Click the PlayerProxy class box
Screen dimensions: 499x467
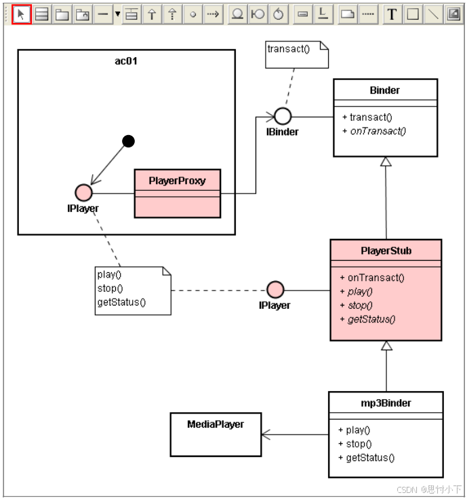(x=177, y=193)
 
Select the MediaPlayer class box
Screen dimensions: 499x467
(x=216, y=435)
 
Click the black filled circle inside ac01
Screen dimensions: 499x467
(x=128, y=141)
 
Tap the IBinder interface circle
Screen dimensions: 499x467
(x=283, y=116)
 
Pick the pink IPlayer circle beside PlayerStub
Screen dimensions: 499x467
(x=275, y=290)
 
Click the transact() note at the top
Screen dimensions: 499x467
(x=297, y=54)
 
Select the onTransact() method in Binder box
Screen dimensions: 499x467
(x=378, y=131)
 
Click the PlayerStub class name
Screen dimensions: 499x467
(x=386, y=251)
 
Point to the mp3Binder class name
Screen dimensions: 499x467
(x=386, y=403)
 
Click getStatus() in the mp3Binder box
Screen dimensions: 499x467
(x=369, y=458)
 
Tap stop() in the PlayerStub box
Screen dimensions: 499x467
(x=360, y=305)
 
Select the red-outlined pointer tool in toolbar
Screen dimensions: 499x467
(x=21, y=14)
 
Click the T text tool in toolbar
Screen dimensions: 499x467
(x=392, y=14)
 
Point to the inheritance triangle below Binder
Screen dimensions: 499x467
(x=386, y=162)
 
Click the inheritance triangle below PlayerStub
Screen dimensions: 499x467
(x=386, y=346)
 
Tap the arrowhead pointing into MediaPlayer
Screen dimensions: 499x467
(x=266, y=435)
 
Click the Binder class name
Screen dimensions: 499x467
(x=384, y=90)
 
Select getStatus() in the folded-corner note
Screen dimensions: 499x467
(x=122, y=302)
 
